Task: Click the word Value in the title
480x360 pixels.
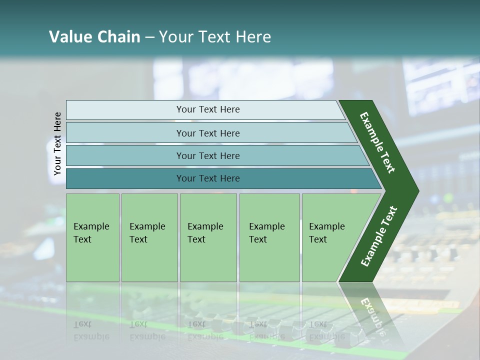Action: pos(70,36)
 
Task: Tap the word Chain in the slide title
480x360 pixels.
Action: pos(119,36)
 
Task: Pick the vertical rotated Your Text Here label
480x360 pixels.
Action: pos(57,144)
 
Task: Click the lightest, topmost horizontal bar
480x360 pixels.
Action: pos(205,110)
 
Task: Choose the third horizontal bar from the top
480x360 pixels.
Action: pos(218,155)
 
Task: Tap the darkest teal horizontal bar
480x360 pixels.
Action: pos(224,178)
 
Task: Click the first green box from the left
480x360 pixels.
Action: pos(93,237)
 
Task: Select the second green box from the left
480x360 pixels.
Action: pos(149,237)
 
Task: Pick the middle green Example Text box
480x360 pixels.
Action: pos(208,237)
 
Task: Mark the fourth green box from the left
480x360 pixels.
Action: pos(269,237)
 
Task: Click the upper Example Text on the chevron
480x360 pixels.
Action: pos(377,142)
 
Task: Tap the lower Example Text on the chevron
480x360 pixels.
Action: pos(379,236)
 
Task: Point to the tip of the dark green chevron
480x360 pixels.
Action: pos(419,191)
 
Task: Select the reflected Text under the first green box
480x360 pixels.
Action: pos(82,324)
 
